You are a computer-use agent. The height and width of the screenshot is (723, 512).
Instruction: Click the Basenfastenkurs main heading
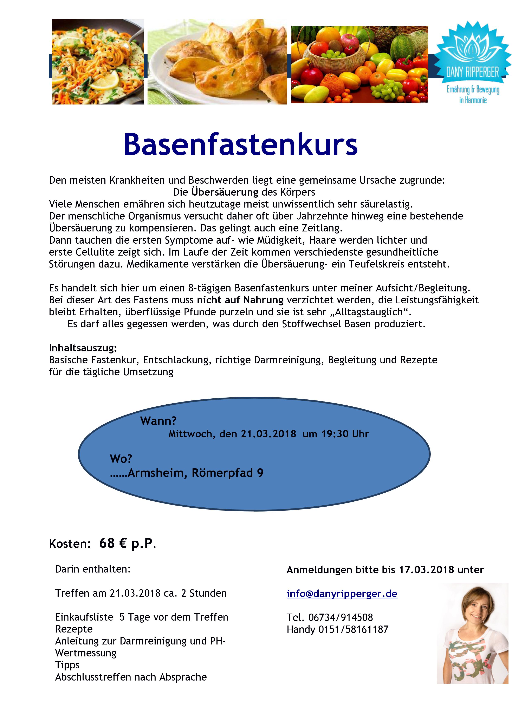tap(241, 144)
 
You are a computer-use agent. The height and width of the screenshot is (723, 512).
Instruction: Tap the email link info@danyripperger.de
tap(342, 594)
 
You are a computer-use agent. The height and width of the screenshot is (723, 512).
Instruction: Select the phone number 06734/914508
tap(341, 617)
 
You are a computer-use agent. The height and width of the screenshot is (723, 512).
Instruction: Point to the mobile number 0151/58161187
tap(353, 629)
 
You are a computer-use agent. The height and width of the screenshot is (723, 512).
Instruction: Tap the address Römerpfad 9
tap(227, 473)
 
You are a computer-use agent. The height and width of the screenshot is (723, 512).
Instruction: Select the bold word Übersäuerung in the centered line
tap(225, 192)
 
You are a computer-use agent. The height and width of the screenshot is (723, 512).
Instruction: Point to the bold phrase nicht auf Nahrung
tap(240, 300)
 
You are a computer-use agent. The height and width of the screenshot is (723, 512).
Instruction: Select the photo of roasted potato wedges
tap(217, 62)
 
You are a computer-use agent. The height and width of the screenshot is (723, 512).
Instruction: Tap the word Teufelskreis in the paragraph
tap(376, 264)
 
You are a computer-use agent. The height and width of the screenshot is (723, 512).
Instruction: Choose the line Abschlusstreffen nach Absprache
tap(131, 677)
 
